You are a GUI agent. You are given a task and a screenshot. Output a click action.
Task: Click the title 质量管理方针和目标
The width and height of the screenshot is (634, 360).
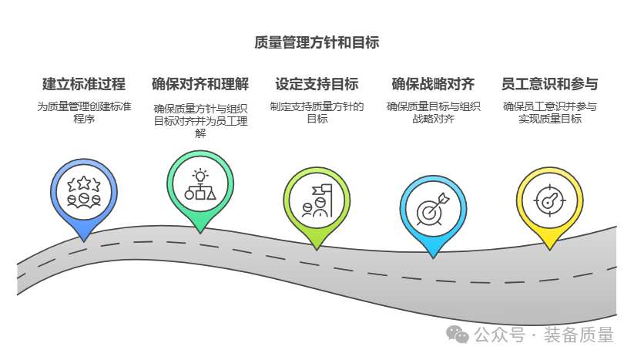pos(317,42)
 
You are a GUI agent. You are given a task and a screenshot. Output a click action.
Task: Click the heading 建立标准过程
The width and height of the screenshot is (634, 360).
pos(84,84)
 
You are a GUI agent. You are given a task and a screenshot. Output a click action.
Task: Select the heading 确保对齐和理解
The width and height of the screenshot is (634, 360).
pos(200,84)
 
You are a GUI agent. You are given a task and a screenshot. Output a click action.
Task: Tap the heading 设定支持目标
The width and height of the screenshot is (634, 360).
pos(317,84)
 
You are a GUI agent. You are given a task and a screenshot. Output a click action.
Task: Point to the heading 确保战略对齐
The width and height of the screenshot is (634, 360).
pos(433,84)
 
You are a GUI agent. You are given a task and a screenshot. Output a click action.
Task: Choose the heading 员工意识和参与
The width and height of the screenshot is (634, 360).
pos(549,84)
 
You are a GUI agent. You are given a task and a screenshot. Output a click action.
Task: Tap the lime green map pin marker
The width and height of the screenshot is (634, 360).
pos(317,203)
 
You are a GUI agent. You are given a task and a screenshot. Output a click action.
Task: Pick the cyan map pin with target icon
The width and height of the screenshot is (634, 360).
pos(433,209)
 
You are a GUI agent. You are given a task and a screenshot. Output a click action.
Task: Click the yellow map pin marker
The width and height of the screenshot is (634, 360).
pos(549,202)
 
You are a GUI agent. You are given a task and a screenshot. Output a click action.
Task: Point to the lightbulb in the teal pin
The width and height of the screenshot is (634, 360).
pos(200,175)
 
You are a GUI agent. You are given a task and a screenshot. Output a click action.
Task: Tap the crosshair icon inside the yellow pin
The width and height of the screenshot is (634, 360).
pos(549,200)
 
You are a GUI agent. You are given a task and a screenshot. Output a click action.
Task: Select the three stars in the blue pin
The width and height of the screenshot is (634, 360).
pos(83,183)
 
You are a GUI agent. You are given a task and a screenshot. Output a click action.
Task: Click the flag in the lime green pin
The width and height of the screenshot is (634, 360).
pos(320,190)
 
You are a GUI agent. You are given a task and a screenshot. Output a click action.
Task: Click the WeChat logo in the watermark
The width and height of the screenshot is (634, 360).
pos(459,334)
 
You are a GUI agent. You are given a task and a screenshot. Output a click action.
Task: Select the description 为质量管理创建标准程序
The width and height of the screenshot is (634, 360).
pos(84,113)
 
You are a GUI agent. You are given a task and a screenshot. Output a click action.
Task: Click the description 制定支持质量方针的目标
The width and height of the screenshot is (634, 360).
pos(317,113)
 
